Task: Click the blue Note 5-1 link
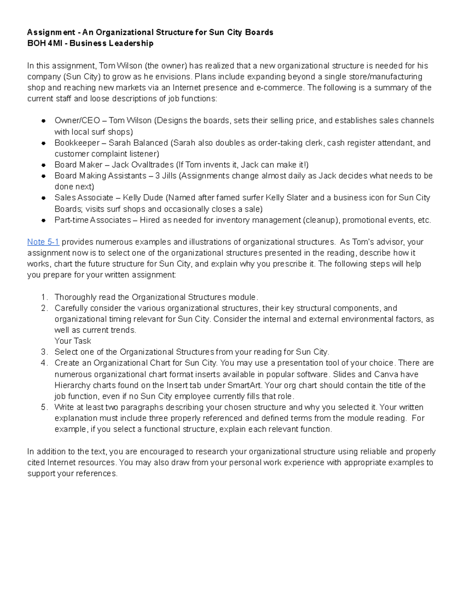pos(43,242)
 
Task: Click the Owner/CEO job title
pos(77,121)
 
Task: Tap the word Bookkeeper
pos(77,143)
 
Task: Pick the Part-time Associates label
pos(93,220)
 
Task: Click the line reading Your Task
pos(72,341)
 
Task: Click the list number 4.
pos(43,363)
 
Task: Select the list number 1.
pos(43,297)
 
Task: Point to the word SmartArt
pos(244,385)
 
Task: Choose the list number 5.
pos(43,407)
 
